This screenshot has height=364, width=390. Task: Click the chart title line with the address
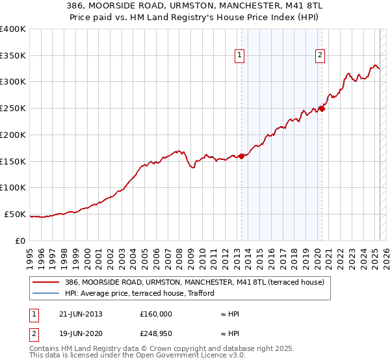[x=195, y=5]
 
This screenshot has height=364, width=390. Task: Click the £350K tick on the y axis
[x=13, y=55]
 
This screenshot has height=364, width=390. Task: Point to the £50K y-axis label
[x=15, y=214]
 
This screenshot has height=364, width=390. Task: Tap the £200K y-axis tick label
[x=13, y=135]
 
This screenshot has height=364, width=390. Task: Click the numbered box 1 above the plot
[x=240, y=56]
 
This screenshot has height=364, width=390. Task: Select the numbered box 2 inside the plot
[x=320, y=56]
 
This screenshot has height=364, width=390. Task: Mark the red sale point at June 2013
[x=241, y=156]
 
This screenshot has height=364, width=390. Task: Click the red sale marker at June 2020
[x=322, y=109]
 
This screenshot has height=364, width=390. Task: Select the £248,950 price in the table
[x=156, y=334]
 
